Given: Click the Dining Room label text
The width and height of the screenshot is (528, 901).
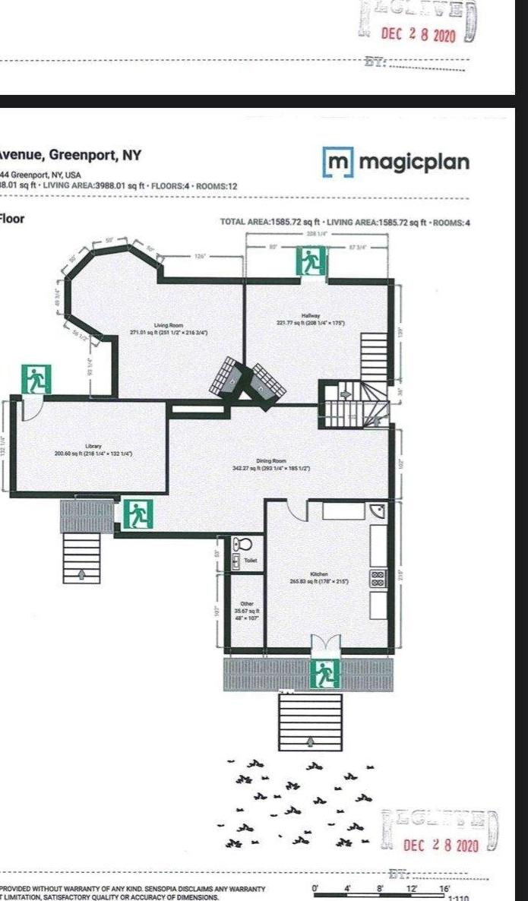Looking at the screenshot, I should coord(270,461).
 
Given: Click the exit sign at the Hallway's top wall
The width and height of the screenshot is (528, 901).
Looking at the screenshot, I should coord(312,263).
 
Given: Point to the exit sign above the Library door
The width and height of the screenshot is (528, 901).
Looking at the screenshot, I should coord(35,379).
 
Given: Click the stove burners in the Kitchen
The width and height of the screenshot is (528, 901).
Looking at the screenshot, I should coord(378,578).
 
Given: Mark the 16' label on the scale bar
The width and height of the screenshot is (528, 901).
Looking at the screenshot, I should coord(444,888).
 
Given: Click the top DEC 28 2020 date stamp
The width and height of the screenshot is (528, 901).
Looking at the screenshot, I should coord(418,36).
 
